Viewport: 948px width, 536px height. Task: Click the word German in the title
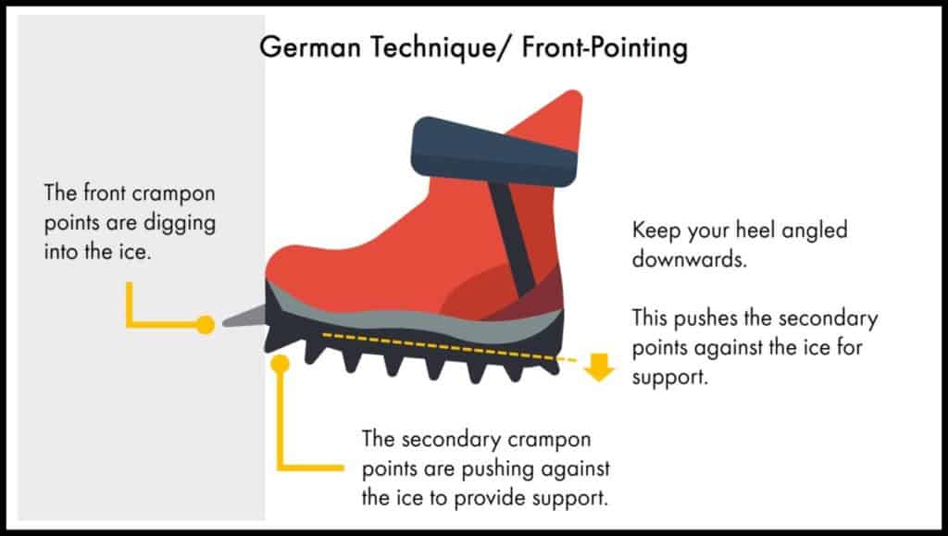tap(310, 47)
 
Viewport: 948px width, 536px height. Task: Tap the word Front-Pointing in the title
tap(605, 48)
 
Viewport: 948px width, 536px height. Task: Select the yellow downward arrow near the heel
tap(599, 368)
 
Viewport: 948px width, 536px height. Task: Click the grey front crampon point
tap(244, 316)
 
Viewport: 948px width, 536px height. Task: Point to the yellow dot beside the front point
tap(206, 325)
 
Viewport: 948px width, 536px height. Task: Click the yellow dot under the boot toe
tap(280, 364)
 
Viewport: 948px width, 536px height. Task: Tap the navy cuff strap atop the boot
tap(494, 151)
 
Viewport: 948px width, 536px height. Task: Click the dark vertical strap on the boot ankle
tap(513, 239)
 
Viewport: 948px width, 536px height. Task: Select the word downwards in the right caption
tap(689, 259)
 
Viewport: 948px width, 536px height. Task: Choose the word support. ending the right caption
tap(670, 378)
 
